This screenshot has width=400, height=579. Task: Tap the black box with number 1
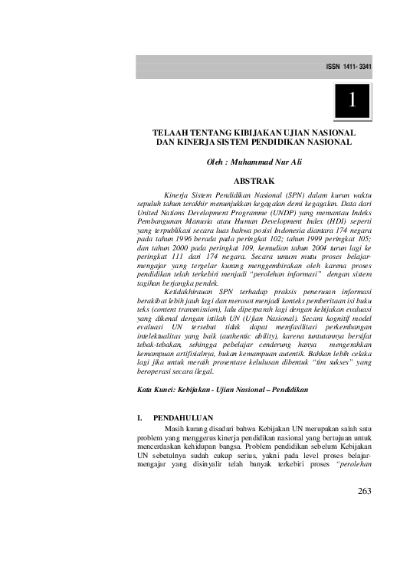pos(351,100)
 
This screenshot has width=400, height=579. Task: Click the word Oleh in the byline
pos(218,162)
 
